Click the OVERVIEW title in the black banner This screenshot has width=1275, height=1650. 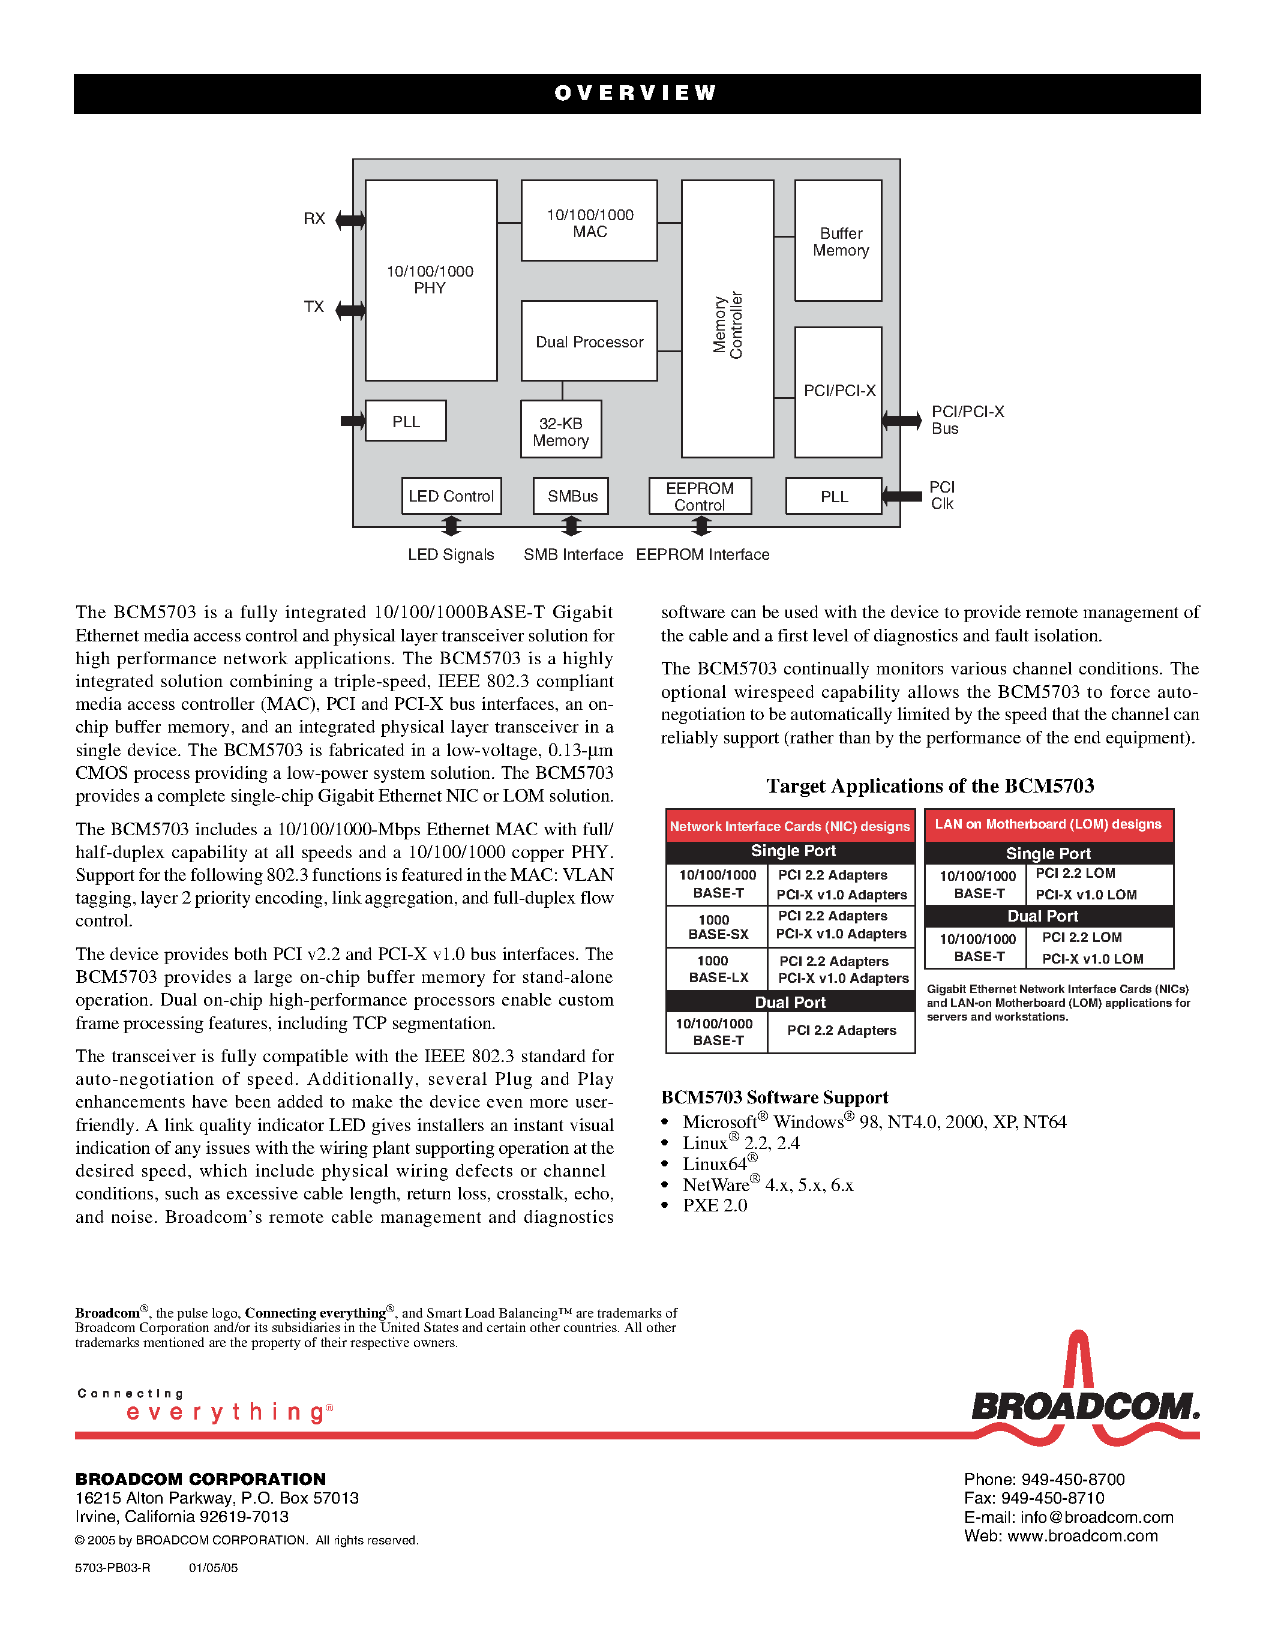coord(636,93)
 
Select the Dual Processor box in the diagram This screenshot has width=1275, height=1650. coord(589,341)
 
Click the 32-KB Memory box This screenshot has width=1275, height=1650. coord(561,431)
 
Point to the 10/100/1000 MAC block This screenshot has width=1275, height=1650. coord(589,222)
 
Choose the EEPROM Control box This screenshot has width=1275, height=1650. coord(700,496)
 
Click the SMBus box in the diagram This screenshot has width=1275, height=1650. coord(572,496)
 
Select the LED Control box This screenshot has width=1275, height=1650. coord(451,496)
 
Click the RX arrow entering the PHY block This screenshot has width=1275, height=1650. coord(350,220)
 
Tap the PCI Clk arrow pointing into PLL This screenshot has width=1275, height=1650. coord(902,496)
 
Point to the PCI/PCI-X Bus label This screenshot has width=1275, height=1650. coord(966,420)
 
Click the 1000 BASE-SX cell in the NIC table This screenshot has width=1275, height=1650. coord(718,927)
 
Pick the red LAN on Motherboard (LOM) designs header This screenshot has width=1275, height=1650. coord(1048,824)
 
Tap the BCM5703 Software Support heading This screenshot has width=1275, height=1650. coord(774,1097)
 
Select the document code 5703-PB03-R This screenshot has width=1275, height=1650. coord(113,1568)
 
